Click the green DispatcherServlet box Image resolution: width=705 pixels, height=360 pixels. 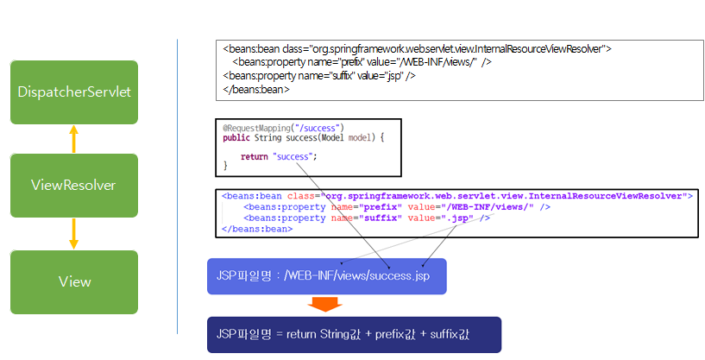pos(73,92)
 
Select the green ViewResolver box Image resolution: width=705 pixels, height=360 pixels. pos(73,185)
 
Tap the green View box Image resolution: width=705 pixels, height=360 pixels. pos(73,281)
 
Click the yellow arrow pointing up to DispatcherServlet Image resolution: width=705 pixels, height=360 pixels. pos(73,139)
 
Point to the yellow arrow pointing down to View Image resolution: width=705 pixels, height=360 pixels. pos(73,233)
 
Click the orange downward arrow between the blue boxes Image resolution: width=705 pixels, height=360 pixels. pos(326,305)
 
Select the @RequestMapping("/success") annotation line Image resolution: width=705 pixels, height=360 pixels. pos(283,128)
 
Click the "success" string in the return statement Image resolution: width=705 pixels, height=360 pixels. pos(294,156)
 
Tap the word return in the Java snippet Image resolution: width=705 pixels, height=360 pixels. pos(255,156)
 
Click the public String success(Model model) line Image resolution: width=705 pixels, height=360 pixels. pos(302,137)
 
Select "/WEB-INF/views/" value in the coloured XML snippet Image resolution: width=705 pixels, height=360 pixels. pos(489,207)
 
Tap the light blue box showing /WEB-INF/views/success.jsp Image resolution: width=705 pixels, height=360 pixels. pos(326,276)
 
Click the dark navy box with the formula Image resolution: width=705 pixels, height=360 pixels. pos(354,333)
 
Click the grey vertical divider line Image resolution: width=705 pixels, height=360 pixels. pos(177,186)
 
